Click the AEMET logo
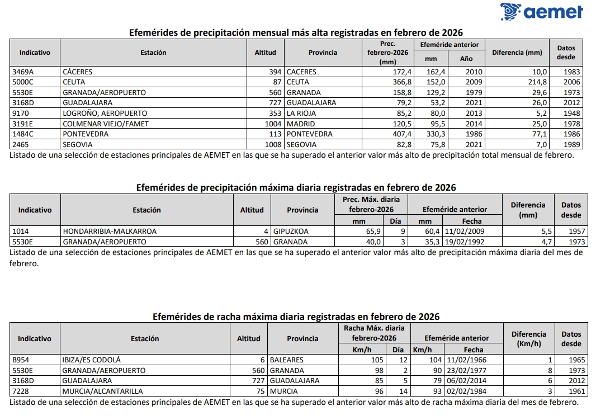(x=541, y=12)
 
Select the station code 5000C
(x=23, y=82)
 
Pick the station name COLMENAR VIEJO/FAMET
(x=106, y=124)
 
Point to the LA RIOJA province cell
(x=301, y=114)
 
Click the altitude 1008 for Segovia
(x=273, y=144)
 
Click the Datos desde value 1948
(x=573, y=114)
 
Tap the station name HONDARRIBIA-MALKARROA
(x=110, y=231)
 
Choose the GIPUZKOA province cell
(x=291, y=231)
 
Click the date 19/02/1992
(x=465, y=242)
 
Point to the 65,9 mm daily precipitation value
(x=373, y=231)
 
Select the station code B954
(x=21, y=360)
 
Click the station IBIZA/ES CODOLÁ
(x=92, y=360)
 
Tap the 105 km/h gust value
(x=377, y=360)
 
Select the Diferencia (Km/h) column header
(x=528, y=339)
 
